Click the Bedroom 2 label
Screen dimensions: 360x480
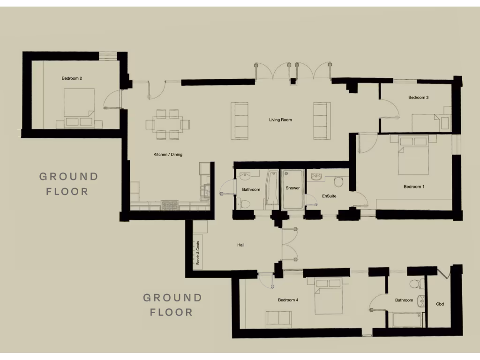coord(72,78)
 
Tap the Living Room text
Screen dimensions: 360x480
coord(280,120)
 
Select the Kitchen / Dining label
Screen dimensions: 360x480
coord(168,154)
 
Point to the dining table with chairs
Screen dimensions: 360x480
coord(168,125)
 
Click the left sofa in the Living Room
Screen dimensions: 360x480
coord(240,120)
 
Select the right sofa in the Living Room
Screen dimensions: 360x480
coord(322,120)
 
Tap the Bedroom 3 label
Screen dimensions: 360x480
coord(418,97)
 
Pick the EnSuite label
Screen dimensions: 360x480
coord(329,195)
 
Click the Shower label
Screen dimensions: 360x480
coord(292,188)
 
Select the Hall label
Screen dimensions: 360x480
coord(241,245)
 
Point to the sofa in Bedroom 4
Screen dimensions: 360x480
coord(279,319)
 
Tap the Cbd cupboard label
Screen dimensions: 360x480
coord(440,304)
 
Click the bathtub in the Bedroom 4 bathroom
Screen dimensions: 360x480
coord(406,320)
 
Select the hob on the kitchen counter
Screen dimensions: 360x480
coord(168,205)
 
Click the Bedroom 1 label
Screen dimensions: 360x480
coord(414,187)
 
